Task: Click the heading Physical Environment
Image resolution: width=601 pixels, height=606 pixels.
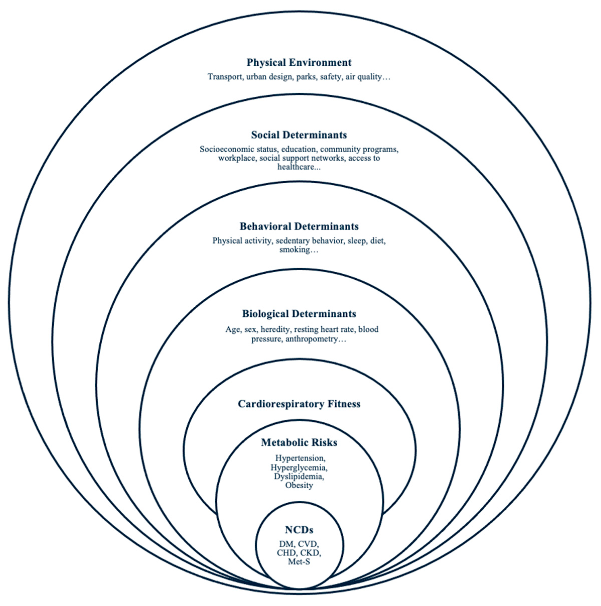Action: click(x=299, y=62)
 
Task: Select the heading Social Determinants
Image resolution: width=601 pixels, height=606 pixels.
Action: click(x=299, y=135)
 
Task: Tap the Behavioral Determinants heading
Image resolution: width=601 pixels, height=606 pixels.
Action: click(x=299, y=226)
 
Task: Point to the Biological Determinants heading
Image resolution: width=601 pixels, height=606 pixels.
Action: click(x=299, y=314)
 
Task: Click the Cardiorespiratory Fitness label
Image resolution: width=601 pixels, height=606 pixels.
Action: click(x=299, y=404)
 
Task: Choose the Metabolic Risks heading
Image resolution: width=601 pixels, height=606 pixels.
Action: click(x=299, y=442)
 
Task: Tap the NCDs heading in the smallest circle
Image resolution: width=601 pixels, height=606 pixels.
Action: click(x=299, y=530)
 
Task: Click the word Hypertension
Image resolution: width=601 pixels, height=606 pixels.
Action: click(x=300, y=458)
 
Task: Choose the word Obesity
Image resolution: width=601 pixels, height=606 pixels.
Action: click(x=299, y=485)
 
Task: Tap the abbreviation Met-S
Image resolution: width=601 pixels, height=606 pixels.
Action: click(x=299, y=561)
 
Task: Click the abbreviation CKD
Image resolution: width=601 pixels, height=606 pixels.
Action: click(x=310, y=553)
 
